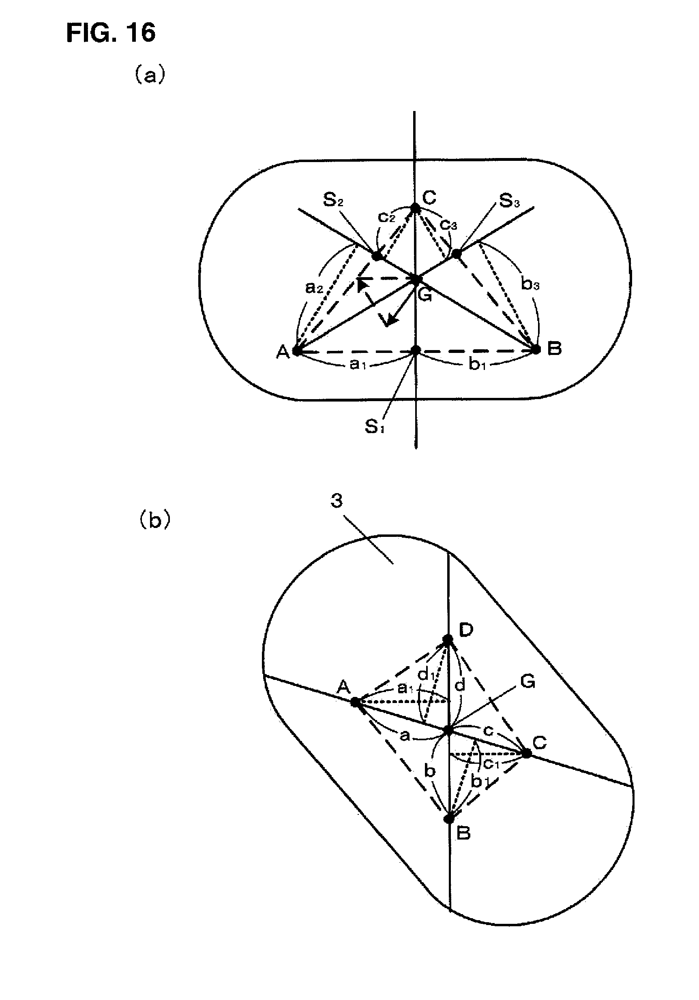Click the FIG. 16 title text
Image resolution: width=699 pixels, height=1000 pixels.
pos(111,33)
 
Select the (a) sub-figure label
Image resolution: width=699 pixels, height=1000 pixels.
pos(150,75)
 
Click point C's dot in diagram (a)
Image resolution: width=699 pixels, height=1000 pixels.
pos(415,208)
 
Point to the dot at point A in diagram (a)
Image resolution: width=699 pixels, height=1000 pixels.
pos(296,350)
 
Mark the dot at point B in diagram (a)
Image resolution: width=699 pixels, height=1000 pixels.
pos(536,349)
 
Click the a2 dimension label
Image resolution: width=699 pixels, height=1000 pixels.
pos(313,287)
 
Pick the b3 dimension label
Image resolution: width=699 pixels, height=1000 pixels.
pos(530,284)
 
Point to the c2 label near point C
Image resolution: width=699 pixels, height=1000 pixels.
pos(386,216)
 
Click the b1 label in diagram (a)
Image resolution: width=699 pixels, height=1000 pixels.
pos(477,364)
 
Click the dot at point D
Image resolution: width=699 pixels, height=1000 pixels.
pos(448,639)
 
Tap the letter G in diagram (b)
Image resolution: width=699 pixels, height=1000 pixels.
pos(528,682)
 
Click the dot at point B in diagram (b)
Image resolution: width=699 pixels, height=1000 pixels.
pos(448,819)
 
